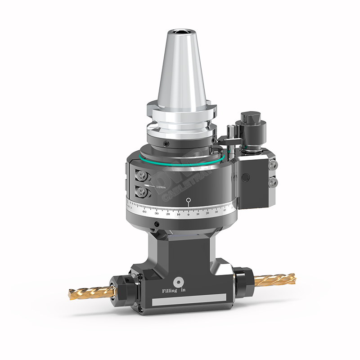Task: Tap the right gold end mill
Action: pyautogui.click(x=274, y=279)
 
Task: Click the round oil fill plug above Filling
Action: pyautogui.click(x=180, y=282)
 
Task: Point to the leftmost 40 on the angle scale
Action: pyautogui.click(x=144, y=211)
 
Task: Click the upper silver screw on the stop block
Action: pyautogui.click(x=273, y=166)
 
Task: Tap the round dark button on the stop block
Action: pyautogui.click(x=245, y=178)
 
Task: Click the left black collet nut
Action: pyautogui.click(x=123, y=291)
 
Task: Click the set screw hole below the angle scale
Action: pyautogui.click(x=156, y=224)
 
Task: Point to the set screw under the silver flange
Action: pyautogui.click(x=166, y=143)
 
